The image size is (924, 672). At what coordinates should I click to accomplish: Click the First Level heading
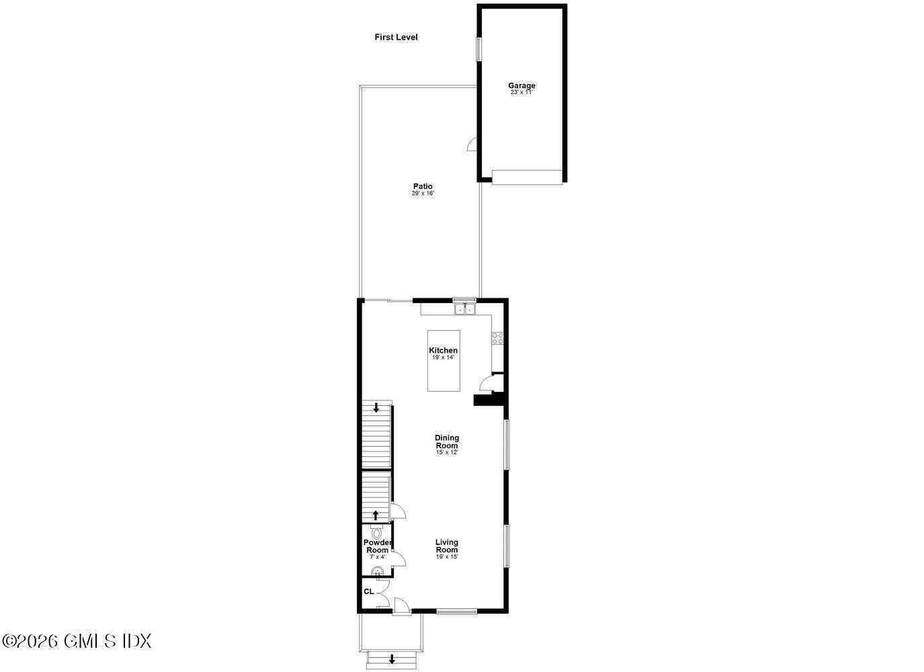(x=396, y=38)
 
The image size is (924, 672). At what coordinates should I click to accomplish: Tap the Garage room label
(x=521, y=85)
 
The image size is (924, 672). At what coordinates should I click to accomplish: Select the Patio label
(x=423, y=186)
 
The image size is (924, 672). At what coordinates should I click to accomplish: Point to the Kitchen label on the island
(x=444, y=350)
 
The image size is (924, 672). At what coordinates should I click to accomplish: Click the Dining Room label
(x=447, y=442)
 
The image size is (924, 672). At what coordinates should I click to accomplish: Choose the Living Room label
(x=447, y=546)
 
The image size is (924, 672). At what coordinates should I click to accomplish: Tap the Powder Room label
(x=377, y=546)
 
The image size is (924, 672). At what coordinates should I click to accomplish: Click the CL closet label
(x=368, y=591)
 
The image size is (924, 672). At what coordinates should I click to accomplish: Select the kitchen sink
(x=464, y=310)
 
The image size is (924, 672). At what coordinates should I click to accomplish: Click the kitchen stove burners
(x=498, y=339)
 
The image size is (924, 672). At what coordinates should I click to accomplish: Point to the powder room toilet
(x=376, y=531)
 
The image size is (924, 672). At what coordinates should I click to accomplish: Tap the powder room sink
(x=378, y=573)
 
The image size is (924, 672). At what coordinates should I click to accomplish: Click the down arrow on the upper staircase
(x=376, y=407)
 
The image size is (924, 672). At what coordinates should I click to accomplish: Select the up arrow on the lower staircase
(x=376, y=515)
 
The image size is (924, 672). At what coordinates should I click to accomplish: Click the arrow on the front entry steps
(x=392, y=659)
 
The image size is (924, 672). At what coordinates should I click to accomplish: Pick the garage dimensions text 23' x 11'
(x=521, y=93)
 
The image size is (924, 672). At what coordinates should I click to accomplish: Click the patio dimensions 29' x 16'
(x=423, y=194)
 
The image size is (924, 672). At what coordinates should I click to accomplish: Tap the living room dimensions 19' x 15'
(x=447, y=556)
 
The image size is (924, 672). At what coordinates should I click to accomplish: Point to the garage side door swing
(x=472, y=143)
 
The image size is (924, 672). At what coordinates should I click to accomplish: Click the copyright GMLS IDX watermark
(x=77, y=641)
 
